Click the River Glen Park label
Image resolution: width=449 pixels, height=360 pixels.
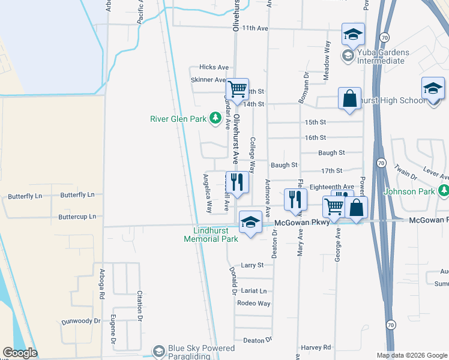pos(178,118)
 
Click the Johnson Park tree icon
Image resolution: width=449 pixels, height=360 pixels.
pos(444,191)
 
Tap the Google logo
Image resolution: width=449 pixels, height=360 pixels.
pos(20,353)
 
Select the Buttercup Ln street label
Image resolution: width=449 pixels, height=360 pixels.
pos(77,216)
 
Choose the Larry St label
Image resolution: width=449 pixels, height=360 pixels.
pos(252,265)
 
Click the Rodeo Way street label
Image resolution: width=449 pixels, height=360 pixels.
pos(253,303)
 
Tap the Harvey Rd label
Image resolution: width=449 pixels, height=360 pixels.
pos(316,347)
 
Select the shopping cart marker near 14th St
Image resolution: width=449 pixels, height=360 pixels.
pos(238,89)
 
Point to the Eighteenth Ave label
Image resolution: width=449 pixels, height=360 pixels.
pos(332,187)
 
